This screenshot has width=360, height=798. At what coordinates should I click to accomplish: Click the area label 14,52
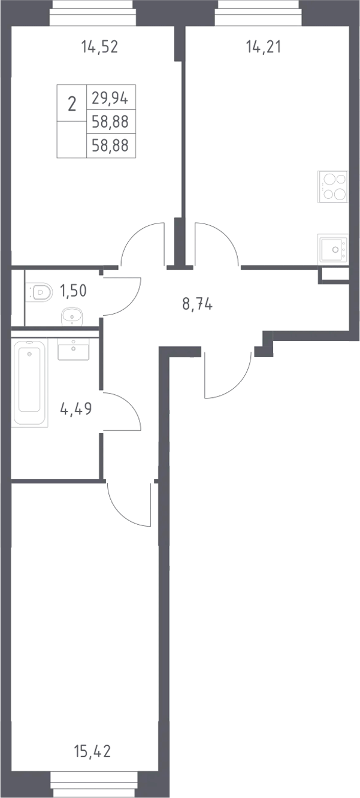click(x=99, y=47)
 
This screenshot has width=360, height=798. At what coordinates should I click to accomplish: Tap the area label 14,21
click(x=264, y=47)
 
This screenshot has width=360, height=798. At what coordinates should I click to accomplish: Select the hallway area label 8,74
click(x=197, y=304)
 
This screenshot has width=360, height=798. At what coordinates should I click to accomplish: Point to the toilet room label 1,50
click(x=73, y=291)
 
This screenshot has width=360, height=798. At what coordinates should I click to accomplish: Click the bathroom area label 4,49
click(x=76, y=409)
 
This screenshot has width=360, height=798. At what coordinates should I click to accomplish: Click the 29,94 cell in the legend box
click(x=110, y=98)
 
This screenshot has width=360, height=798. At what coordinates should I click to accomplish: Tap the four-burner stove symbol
click(x=332, y=187)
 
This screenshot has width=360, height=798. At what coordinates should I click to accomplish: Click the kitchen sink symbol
click(x=333, y=249)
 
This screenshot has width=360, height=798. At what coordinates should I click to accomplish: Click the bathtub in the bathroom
click(x=29, y=383)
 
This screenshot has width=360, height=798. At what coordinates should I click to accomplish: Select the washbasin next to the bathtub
click(x=73, y=349)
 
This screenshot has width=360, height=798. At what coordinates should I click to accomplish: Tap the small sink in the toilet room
click(x=72, y=317)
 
